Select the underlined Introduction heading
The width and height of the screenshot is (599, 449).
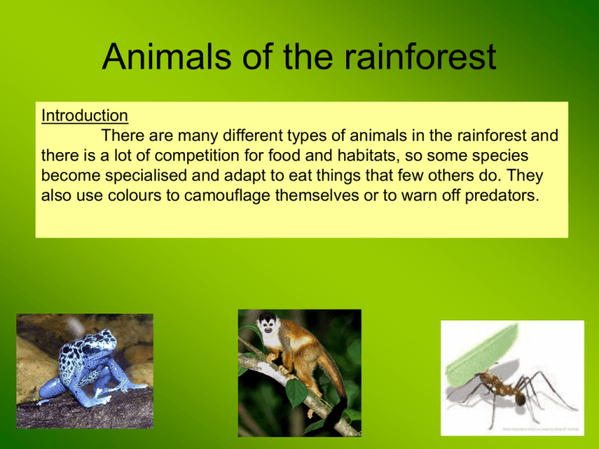[84, 115]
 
